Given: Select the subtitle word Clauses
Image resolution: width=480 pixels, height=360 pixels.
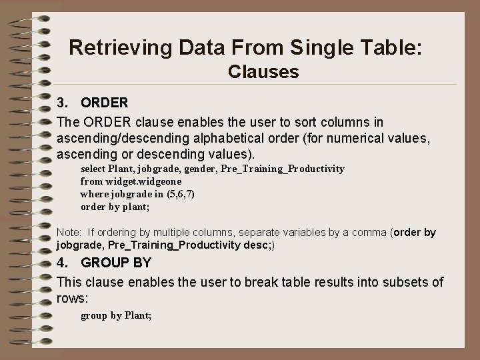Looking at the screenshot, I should tap(263, 71).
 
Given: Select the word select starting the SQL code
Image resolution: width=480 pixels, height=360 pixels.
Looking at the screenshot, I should tap(92, 169).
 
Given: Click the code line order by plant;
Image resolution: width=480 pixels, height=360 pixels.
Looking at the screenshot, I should tap(115, 207).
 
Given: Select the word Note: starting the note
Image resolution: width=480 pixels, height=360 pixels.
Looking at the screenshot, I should tap(69, 233).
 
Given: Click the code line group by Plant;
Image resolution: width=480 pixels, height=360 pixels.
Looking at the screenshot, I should tap(116, 315).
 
